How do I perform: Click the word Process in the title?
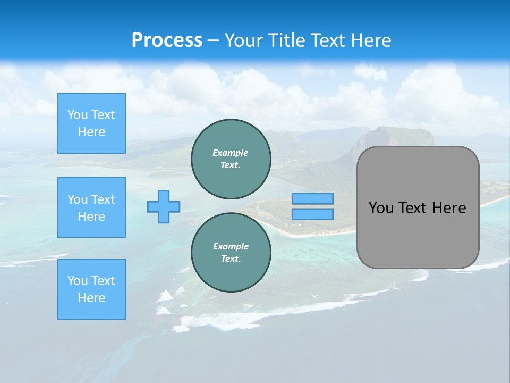167,40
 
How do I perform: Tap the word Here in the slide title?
371,40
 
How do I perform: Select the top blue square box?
91,123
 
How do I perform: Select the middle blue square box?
91,207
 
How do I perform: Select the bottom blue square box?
91,289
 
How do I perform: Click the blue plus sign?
164,206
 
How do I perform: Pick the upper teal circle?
231,159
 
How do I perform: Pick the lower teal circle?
231,252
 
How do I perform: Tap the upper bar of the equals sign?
312,198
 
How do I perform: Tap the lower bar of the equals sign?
312,214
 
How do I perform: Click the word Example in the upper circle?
231,153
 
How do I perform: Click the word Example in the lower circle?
231,246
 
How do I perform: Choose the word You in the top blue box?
78,115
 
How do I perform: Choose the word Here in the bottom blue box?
91,298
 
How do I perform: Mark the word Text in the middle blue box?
103,199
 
